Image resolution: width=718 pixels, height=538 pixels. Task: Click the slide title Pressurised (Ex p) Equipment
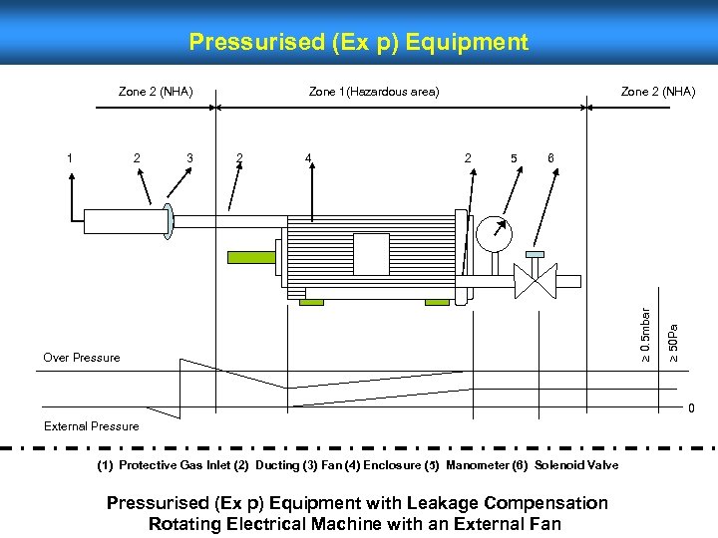tap(358, 42)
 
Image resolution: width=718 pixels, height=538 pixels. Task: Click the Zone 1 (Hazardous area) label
tap(373, 92)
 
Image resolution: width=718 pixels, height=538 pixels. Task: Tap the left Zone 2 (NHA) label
tap(156, 92)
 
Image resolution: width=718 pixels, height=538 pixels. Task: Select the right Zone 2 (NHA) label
tap(658, 92)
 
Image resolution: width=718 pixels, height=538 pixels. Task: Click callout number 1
tap(69, 156)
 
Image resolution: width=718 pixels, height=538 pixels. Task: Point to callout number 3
tap(189, 156)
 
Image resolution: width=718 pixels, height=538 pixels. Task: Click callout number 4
tap(309, 156)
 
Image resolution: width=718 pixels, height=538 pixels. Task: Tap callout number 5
tap(513, 156)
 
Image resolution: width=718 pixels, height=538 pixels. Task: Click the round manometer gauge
tap(494, 233)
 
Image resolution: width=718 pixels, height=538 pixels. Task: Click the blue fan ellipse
tap(169, 222)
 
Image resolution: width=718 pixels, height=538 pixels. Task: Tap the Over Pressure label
tap(82, 358)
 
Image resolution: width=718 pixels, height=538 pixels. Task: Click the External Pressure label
tap(92, 426)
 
